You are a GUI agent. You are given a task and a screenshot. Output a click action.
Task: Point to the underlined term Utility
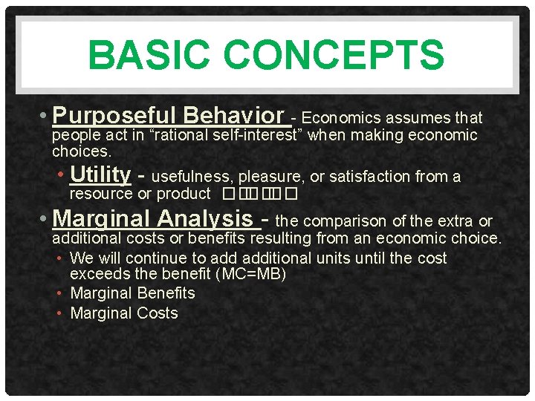(x=100, y=175)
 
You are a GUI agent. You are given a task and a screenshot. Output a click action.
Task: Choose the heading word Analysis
(x=219, y=219)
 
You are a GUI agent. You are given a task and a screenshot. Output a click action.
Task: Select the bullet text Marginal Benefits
(x=132, y=293)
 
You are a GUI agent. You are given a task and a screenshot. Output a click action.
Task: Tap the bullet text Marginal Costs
(x=124, y=313)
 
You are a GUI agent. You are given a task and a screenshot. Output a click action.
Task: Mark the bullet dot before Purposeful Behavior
(x=46, y=117)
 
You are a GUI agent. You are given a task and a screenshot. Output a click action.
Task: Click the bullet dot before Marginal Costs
(x=62, y=314)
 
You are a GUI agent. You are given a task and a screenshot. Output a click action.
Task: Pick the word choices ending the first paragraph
(x=81, y=151)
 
